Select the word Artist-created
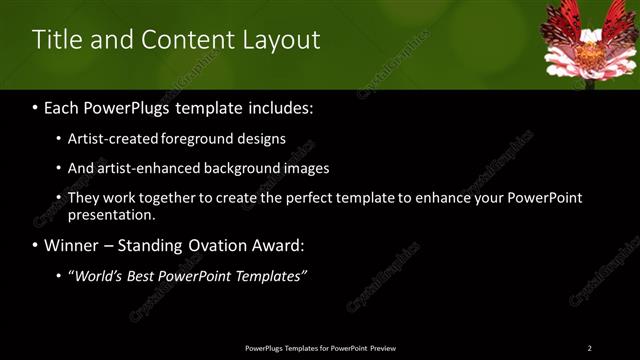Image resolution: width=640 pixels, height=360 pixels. click(110, 138)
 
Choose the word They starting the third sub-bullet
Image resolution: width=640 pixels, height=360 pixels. click(83, 198)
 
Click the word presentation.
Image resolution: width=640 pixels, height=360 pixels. click(112, 215)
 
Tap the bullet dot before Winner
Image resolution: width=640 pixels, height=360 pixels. click(36, 246)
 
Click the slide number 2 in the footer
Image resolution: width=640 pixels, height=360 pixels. click(589, 348)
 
